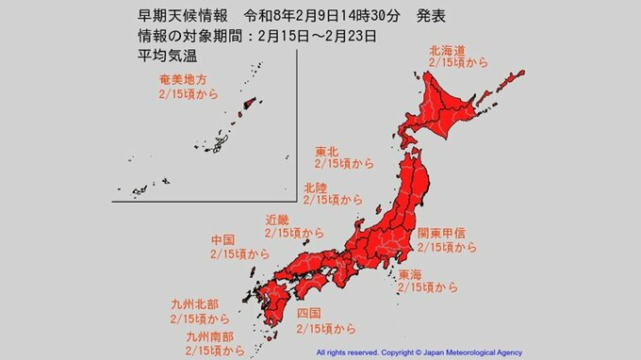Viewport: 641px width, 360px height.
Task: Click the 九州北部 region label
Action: pos(200,305)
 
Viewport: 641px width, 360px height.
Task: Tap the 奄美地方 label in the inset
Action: pos(182,82)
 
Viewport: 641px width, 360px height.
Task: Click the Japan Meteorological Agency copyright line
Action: pos(477,352)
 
